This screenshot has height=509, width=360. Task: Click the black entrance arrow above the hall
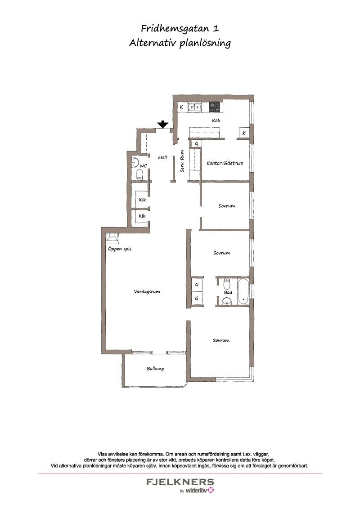click(x=162, y=124)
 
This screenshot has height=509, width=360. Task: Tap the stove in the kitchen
click(x=215, y=106)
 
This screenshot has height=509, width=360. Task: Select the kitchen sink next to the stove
click(x=194, y=107)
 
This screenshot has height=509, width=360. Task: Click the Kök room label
click(x=216, y=121)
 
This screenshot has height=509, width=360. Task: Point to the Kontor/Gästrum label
click(x=225, y=163)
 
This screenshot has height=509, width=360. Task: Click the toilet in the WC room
click(x=140, y=176)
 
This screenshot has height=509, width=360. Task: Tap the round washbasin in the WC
click(x=135, y=163)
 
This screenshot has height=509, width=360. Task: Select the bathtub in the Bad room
click(x=243, y=291)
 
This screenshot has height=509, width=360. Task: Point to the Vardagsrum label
click(x=147, y=291)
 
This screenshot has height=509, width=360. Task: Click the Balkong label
click(x=155, y=369)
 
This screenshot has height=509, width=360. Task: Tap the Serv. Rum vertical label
click(x=182, y=161)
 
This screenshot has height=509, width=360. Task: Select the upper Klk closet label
click(x=142, y=200)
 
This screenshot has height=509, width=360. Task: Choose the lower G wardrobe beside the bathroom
click(x=197, y=298)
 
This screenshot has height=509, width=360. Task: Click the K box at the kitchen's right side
click(x=244, y=133)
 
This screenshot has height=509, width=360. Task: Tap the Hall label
click(x=162, y=157)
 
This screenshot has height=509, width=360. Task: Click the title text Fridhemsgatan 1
click(x=180, y=29)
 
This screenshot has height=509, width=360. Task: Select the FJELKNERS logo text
click(x=180, y=482)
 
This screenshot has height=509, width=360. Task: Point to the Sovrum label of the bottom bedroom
click(x=221, y=340)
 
